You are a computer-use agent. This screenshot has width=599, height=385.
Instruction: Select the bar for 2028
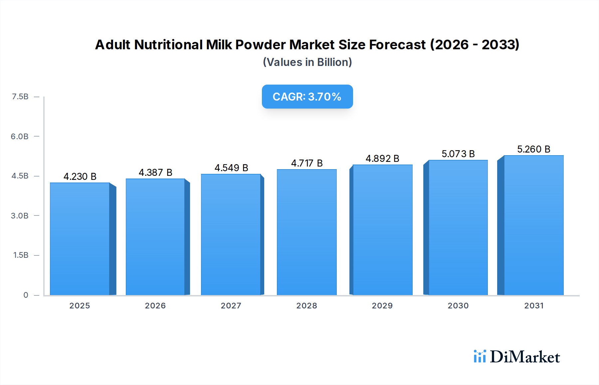point(306,232)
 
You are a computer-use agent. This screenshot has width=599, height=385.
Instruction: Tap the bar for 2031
point(533,225)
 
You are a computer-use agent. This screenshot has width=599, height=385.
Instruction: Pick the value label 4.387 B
point(155,173)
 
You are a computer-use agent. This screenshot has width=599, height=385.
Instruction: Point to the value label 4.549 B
point(231,168)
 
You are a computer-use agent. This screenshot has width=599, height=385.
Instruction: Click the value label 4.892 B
point(382,159)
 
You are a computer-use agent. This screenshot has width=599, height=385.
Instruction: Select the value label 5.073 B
point(458,154)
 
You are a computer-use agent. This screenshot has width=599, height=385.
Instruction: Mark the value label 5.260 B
point(533,149)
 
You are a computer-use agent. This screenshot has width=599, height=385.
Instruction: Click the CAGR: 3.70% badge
point(307,97)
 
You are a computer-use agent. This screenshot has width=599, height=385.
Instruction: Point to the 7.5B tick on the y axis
point(20,97)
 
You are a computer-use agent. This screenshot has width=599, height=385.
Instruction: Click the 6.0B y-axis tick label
point(20,136)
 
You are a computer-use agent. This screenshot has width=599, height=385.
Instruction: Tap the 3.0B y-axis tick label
point(20,215)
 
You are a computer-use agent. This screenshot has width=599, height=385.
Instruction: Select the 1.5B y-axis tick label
point(21,255)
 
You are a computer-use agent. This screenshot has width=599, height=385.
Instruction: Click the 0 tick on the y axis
point(26,295)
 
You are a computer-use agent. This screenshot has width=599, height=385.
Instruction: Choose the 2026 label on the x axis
point(155,305)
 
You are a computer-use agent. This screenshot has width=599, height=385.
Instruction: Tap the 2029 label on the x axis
point(382,305)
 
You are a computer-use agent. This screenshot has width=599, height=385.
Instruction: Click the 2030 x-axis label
point(458,305)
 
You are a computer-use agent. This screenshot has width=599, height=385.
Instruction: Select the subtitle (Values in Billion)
point(307,62)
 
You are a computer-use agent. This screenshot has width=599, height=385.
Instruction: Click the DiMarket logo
point(516,357)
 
